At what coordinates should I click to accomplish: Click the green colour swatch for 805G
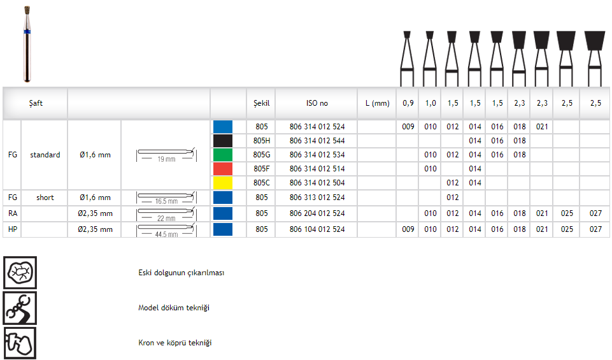223,155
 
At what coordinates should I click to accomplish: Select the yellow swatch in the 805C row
223,183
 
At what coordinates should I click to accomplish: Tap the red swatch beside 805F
223,169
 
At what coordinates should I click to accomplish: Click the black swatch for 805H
223,141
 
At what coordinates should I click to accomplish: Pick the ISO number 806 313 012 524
317,198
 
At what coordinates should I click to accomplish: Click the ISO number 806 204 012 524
317,213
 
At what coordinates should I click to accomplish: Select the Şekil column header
261,103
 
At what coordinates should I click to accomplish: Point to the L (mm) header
378,103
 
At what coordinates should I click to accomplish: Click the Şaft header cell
36,103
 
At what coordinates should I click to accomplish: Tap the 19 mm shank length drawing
167,155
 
